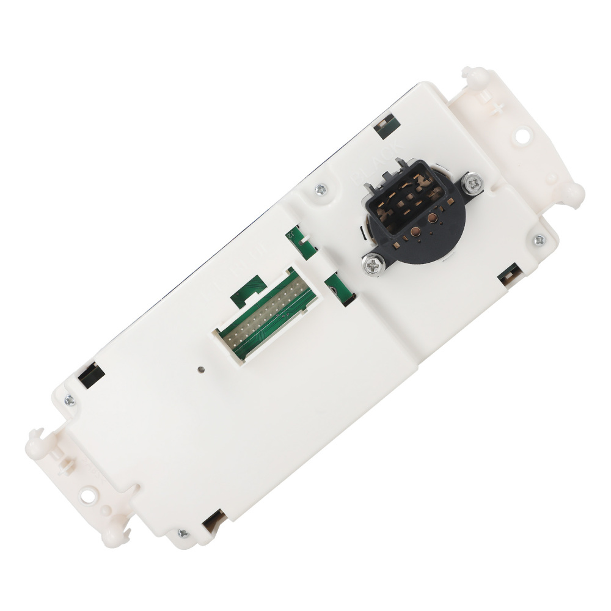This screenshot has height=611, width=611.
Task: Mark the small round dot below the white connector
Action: tap(201, 369)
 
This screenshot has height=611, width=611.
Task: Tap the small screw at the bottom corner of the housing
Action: tap(181, 533)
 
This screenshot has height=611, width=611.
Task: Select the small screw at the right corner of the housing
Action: tap(539, 240)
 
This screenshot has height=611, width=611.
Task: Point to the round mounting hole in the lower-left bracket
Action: tap(89, 492)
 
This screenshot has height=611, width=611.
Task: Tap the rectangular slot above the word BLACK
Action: tap(384, 126)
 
